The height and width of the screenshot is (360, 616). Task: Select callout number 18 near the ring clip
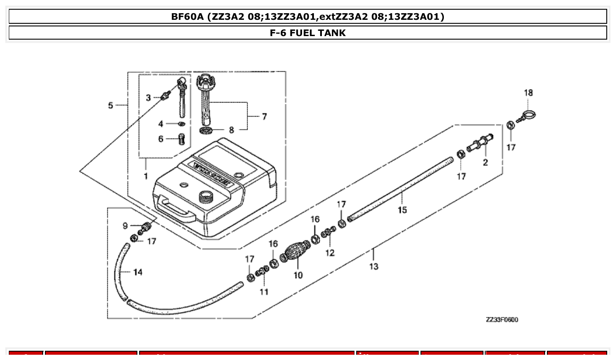(528, 93)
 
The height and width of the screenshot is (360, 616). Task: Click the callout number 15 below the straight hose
(402, 210)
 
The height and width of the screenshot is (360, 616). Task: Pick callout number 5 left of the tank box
(111, 105)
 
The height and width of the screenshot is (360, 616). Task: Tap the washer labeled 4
(181, 124)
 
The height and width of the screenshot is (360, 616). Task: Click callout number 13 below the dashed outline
(373, 266)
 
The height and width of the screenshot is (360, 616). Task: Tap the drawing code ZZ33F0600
(502, 320)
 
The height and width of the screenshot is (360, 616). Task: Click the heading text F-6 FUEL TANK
(307, 33)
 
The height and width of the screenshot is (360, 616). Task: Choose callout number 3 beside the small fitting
(148, 97)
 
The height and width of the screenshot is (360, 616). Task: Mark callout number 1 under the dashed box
(145, 176)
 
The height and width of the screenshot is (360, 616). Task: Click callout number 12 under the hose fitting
(330, 253)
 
